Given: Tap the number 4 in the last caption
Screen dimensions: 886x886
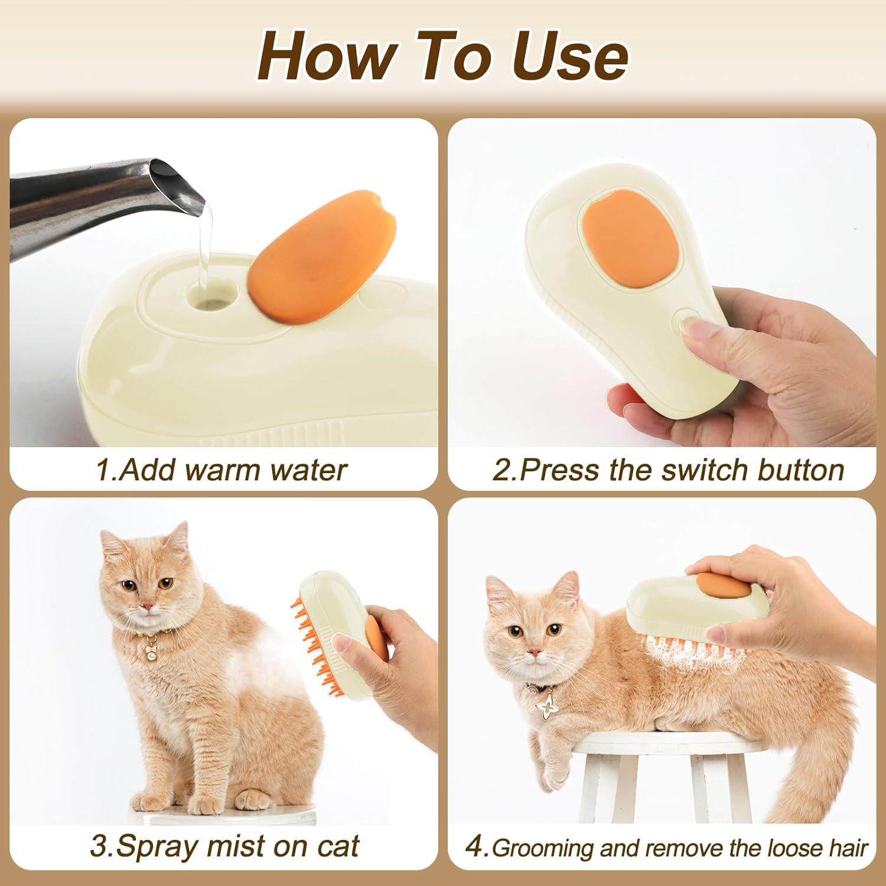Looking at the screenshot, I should click(x=474, y=847).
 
